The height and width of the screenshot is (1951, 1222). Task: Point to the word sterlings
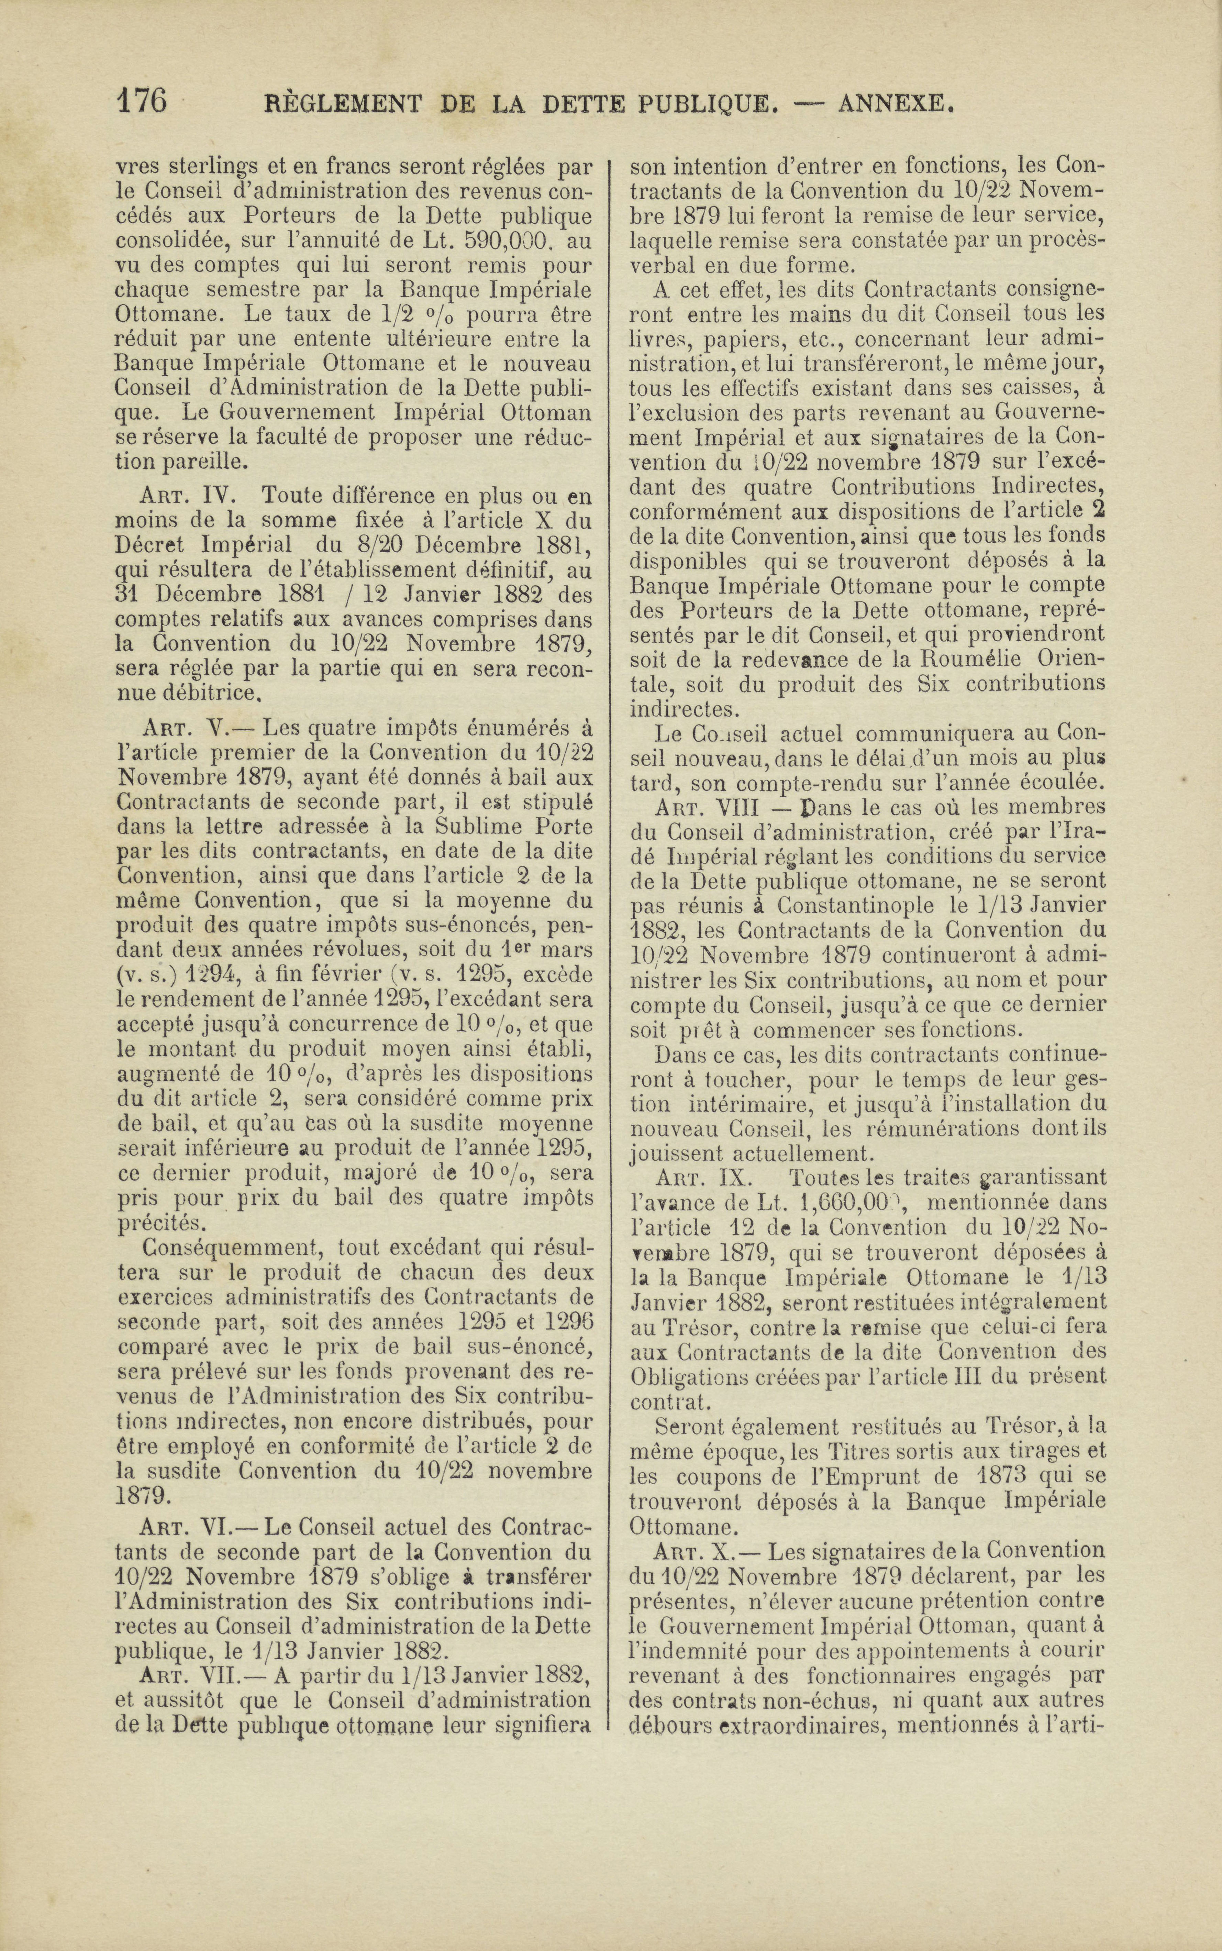(x=204, y=166)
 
